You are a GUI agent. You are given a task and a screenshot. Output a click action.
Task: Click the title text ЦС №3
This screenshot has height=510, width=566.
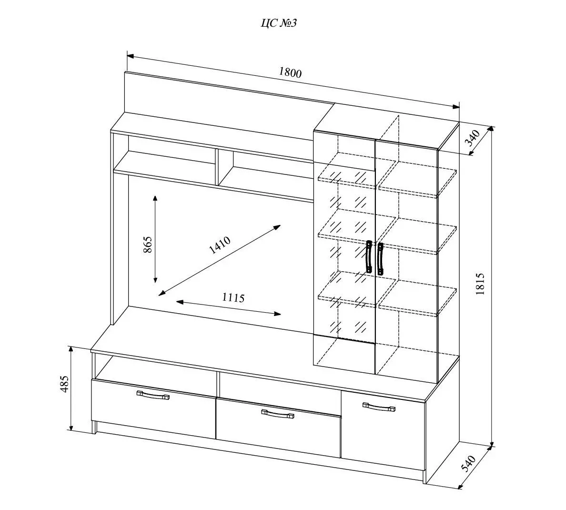click(279, 23)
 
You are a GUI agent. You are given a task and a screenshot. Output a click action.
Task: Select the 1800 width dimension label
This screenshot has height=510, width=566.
click(290, 72)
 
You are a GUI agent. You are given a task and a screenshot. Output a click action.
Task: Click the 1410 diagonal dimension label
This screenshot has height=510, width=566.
click(220, 245)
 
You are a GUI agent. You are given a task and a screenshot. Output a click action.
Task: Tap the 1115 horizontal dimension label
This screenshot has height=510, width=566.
click(233, 298)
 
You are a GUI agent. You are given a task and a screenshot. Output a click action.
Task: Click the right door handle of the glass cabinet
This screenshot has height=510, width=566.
click(380, 259)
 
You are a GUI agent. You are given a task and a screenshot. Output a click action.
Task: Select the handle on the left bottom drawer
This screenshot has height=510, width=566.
click(153, 395)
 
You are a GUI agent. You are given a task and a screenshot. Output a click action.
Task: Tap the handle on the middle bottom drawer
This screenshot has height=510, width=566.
click(277, 413)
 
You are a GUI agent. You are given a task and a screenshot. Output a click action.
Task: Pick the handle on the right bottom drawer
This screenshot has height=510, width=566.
click(379, 407)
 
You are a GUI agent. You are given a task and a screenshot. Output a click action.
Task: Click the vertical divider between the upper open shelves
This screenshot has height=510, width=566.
click(217, 167)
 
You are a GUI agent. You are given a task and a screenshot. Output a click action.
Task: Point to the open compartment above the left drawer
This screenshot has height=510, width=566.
click(152, 367)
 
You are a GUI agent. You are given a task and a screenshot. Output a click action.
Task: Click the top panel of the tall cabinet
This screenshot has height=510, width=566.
click(386, 122)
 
